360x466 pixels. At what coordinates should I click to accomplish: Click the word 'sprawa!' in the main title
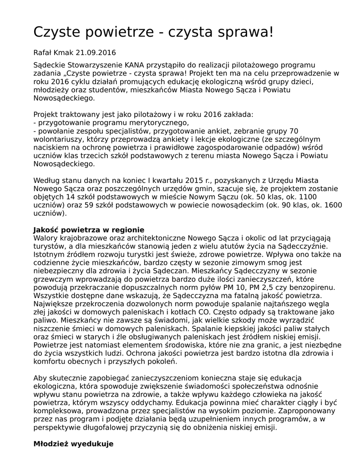(x=244, y=32)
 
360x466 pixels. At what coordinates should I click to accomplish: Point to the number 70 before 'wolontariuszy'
(x=294, y=131)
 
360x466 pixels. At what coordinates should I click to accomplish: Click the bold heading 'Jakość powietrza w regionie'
(x=89, y=230)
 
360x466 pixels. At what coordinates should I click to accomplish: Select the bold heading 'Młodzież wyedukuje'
(x=73, y=444)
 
